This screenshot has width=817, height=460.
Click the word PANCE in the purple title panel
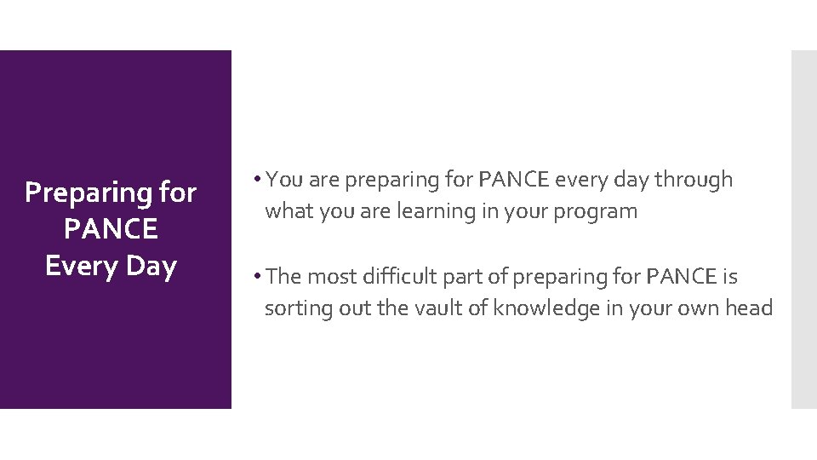point(111,229)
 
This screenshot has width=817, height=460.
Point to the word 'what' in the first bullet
point(289,211)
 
